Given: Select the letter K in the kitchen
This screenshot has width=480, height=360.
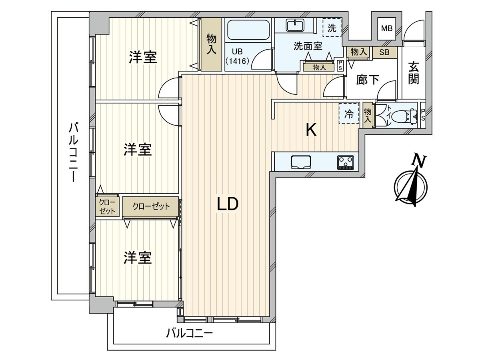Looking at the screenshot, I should (311, 130).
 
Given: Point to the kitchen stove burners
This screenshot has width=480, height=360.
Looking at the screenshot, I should (346, 162).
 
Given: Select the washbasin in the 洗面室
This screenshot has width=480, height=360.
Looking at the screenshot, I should (296, 25).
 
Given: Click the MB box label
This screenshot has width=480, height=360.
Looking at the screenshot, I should (386, 28).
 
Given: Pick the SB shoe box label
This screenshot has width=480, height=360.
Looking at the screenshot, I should (384, 52).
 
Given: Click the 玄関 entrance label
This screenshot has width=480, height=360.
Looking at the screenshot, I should (414, 73).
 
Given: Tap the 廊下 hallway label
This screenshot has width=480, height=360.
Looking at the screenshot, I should (368, 80).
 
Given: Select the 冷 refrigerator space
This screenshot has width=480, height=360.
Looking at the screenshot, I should (349, 114).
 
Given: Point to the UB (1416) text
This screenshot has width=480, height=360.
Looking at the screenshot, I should (238, 56).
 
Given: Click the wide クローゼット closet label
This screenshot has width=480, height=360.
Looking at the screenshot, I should (151, 206).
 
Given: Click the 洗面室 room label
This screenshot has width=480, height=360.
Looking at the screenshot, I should (308, 46).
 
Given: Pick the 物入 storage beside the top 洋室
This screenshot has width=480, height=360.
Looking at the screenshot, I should (212, 44).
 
